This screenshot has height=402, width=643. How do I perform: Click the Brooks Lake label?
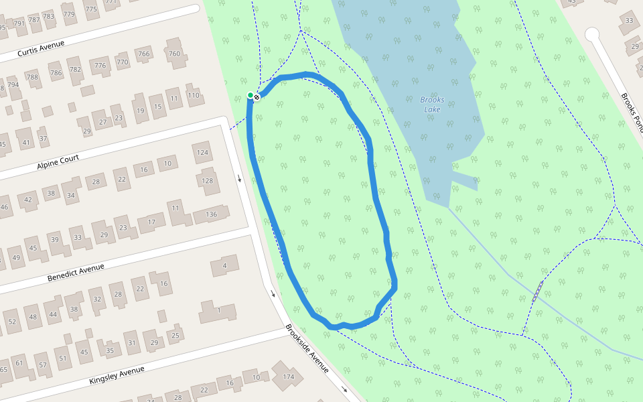tap(431, 105)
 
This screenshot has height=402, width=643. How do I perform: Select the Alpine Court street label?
tap(58, 161)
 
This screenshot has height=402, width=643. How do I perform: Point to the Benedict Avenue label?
tap(76, 273)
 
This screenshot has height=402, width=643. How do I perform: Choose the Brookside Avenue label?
tap(307, 348)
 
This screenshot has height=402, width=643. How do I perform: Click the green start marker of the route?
tap(251, 96)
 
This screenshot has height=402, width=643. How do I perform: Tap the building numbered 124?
tap(202, 153)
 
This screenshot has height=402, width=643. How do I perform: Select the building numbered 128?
tap(208, 181)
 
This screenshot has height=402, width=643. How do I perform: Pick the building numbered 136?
tap(211, 214)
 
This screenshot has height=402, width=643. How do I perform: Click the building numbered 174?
tap(288, 377)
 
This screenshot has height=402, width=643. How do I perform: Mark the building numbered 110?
tap(194, 95)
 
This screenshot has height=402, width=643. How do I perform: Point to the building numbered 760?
tap(174, 54)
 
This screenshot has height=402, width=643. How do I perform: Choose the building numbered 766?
tap(143, 54)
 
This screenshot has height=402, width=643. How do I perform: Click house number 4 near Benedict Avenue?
tap(225, 266)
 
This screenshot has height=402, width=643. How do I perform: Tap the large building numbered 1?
tap(218, 311)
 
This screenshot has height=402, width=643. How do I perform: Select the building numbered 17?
tap(151, 222)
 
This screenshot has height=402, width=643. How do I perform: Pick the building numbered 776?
tap(100, 65)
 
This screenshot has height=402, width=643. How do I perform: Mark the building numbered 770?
tap(122, 62)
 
